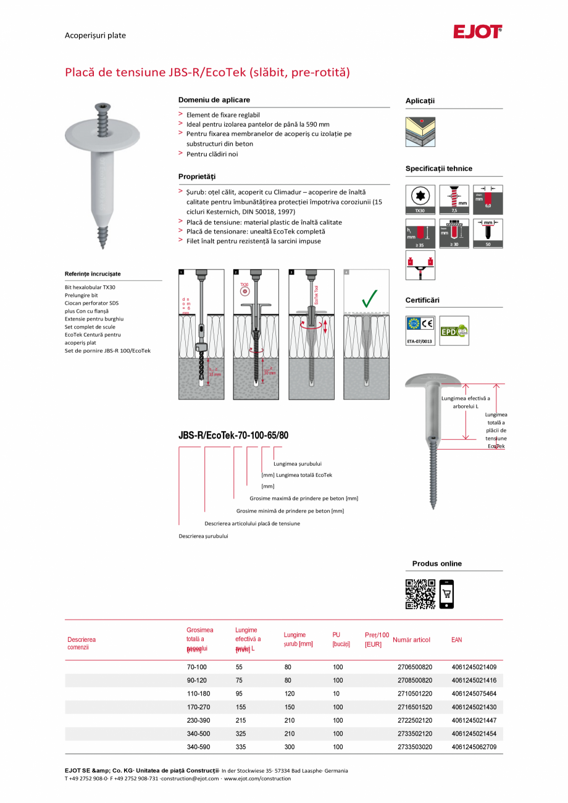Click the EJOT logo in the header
pyautogui.click(x=478, y=32)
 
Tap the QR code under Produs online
pyautogui.click(x=420, y=594)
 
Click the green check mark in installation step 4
pyautogui.click(x=370, y=298)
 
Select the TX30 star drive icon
pyautogui.click(x=420, y=198)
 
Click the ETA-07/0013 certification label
pyautogui.click(x=420, y=341)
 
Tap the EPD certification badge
pyautogui.click(x=454, y=330)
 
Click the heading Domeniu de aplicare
pyautogui.click(x=214, y=100)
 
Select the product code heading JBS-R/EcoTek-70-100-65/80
pyautogui.click(x=233, y=435)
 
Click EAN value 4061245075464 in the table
pyautogui.click(x=474, y=694)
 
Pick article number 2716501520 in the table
pyautogui.click(x=415, y=707)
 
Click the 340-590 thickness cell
pyautogui.click(x=197, y=747)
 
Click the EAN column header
pyautogui.click(x=456, y=640)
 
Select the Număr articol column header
pyautogui.click(x=411, y=640)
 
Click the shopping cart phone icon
pyautogui.click(x=446, y=594)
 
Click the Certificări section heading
pyautogui.click(x=422, y=300)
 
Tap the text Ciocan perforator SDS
pyautogui.click(x=91, y=303)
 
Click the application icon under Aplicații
pyautogui.click(x=420, y=132)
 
